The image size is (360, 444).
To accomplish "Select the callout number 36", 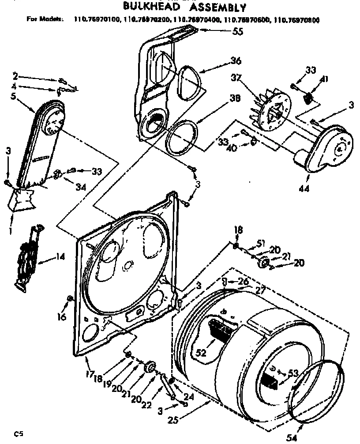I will pos(236,61).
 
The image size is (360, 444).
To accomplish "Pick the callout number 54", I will pos(292,437).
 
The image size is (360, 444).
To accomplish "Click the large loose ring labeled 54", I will pos(317,388).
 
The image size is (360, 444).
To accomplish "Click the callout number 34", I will pos(80,187).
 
